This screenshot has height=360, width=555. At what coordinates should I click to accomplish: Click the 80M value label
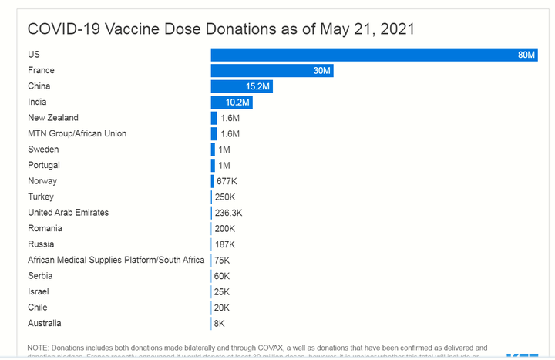(526, 55)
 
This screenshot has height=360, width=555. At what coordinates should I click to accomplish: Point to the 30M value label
(322, 71)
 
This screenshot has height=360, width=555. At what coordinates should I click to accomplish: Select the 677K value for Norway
(227, 181)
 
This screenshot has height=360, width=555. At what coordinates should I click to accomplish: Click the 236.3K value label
(229, 213)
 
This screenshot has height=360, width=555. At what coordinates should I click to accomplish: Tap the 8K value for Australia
(220, 324)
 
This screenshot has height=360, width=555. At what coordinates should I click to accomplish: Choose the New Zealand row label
(53, 118)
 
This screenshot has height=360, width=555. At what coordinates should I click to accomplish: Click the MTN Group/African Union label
(77, 133)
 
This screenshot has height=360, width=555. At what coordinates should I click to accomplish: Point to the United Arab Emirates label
(69, 213)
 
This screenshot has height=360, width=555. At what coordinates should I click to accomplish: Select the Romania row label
(45, 228)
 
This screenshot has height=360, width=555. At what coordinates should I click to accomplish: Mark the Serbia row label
(41, 276)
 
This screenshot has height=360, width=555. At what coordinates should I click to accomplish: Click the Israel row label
(39, 292)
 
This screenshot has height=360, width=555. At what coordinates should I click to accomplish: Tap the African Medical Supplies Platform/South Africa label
(116, 260)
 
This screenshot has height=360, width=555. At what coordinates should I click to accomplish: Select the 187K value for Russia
(225, 244)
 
